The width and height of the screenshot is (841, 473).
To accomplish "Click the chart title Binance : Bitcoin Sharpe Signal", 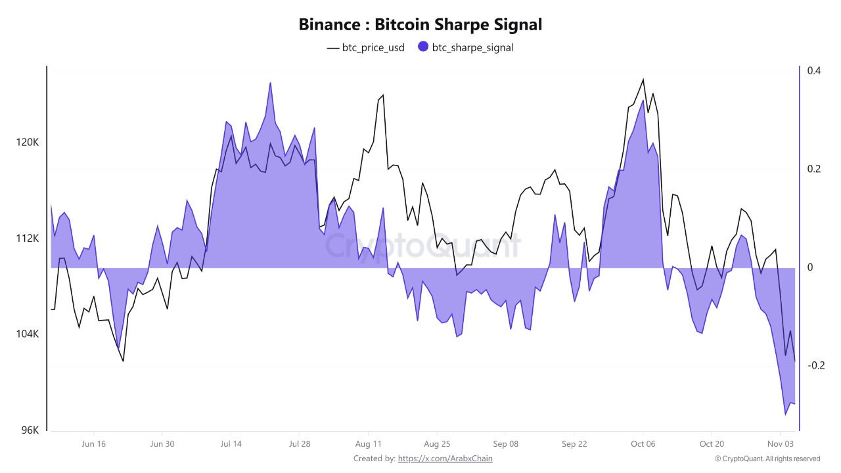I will (x=420, y=25).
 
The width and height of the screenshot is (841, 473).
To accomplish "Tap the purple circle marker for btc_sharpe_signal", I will (x=423, y=47).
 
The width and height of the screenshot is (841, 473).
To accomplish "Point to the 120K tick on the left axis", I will (x=28, y=143).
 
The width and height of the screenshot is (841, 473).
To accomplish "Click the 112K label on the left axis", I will (x=28, y=238).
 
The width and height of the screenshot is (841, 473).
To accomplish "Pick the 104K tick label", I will (x=28, y=334).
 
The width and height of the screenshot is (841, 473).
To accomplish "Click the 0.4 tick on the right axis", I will (x=815, y=71).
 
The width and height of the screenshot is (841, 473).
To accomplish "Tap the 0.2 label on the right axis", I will (x=815, y=169).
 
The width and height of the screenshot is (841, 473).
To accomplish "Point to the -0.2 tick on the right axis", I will (x=816, y=365).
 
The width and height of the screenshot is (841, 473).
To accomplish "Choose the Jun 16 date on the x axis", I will (x=93, y=444).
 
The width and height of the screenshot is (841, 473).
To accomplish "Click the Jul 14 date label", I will (x=231, y=444).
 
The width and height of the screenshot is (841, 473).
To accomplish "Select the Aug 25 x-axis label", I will (x=437, y=444).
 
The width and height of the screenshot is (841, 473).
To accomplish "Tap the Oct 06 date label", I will (x=643, y=444).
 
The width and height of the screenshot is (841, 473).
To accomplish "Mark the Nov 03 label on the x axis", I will (x=780, y=444).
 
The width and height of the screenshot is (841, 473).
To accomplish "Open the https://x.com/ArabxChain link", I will (x=445, y=459).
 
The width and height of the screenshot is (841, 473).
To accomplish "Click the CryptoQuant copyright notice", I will (x=767, y=459).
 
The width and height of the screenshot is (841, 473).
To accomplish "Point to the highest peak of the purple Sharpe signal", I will (x=270, y=83).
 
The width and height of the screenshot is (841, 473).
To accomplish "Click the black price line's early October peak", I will (x=643, y=79).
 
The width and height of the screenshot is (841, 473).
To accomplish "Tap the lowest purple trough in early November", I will (x=785, y=415).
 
